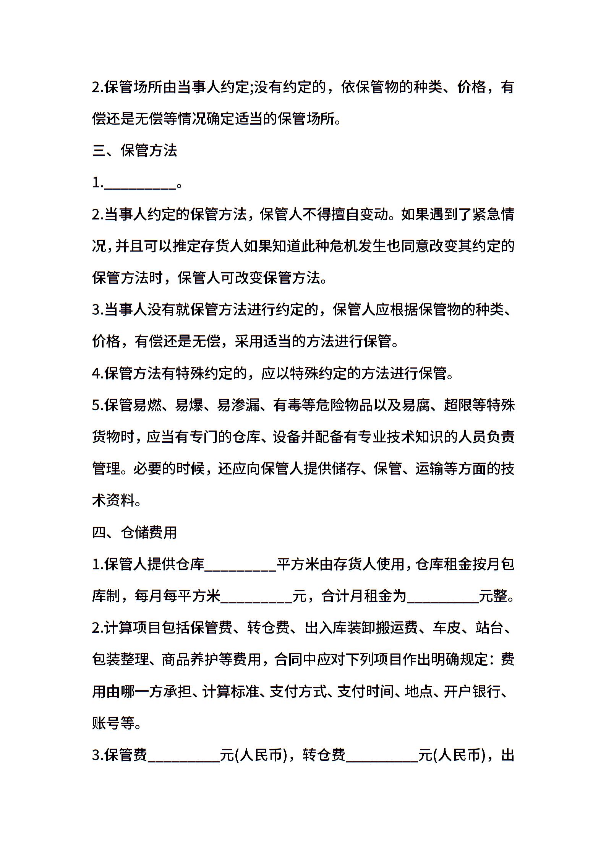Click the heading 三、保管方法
click(x=134, y=151)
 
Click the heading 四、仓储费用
click(x=134, y=532)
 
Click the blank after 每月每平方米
click(x=256, y=597)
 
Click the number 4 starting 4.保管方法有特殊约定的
click(x=96, y=374)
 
